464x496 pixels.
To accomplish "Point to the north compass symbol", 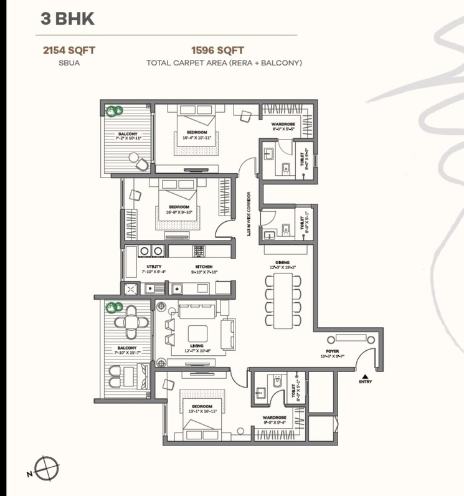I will [47, 467].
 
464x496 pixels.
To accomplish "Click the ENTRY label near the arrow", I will [365, 381].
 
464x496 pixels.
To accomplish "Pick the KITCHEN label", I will [204, 266].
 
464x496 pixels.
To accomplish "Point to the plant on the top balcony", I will [114, 112].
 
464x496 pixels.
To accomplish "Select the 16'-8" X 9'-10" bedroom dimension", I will [179, 212].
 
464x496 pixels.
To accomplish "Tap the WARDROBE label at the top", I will [283, 125].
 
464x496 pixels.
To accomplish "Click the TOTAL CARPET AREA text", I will [224, 63].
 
